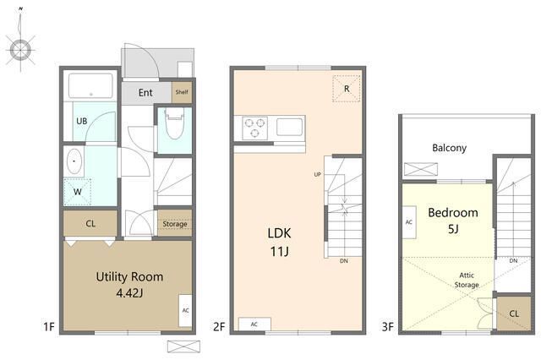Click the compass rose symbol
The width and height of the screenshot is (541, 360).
coord(20,50)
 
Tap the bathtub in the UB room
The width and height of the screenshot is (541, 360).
coord(90,86)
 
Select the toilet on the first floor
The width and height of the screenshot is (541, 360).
coord(175,123)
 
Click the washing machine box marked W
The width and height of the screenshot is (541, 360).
coord(77,192)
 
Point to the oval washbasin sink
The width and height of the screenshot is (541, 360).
coord(74,161)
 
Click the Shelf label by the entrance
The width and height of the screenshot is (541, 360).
coord(182,92)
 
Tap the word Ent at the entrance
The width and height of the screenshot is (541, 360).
coord(145,92)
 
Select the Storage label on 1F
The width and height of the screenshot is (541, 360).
coord(175,224)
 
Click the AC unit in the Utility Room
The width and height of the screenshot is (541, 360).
coord(185,310)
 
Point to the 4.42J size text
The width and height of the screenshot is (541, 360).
coord(129,293)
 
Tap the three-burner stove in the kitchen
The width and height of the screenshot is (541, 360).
coord(255,128)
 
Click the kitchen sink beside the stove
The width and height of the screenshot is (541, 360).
coord(289,127)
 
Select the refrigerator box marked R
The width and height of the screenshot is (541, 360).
coord(347,89)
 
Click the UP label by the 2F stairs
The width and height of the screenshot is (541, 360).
coord(318,174)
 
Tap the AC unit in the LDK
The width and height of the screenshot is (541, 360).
coord(254,325)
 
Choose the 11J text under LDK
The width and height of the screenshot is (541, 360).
coord(279,252)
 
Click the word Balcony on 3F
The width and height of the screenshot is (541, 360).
coord(449,148)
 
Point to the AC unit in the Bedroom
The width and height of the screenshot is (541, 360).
coord(409,222)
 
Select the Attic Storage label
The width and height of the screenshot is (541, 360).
coord(467,280)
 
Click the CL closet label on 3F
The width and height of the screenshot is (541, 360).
coord(514,314)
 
